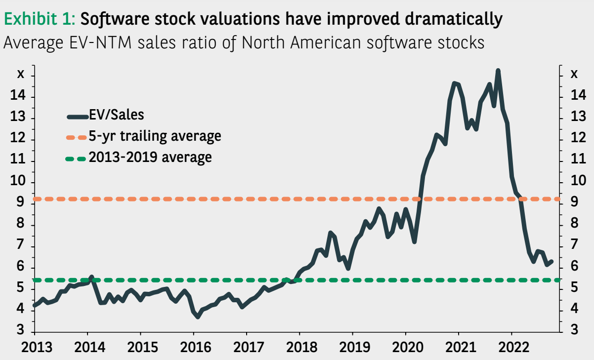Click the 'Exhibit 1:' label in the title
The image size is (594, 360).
(39, 19)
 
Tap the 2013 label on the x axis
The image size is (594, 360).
(35, 347)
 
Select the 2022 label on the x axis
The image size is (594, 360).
(511, 347)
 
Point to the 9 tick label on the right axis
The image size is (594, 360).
(574, 203)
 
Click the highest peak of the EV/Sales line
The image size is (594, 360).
(498, 71)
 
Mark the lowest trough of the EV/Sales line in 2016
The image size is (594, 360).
(198, 317)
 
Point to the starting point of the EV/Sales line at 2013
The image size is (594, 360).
(34, 305)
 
